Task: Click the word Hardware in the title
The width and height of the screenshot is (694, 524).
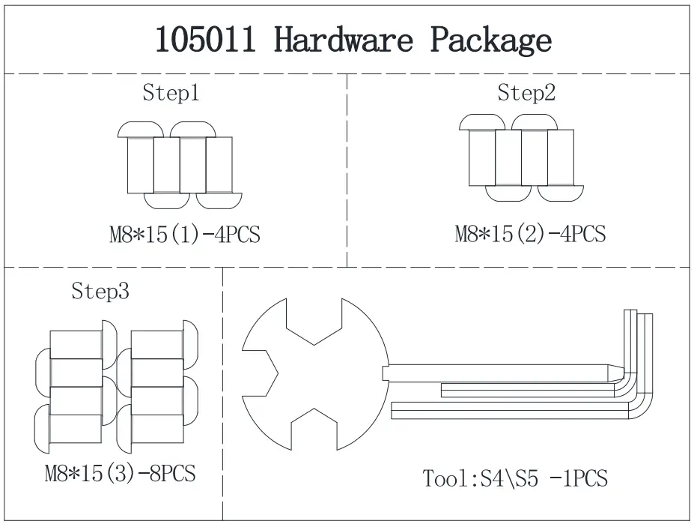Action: (344, 40)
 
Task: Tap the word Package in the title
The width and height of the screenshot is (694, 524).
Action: (490, 40)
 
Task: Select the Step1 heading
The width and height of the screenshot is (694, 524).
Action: (171, 94)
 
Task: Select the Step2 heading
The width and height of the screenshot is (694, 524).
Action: (526, 93)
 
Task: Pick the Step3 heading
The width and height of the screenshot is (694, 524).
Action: (100, 291)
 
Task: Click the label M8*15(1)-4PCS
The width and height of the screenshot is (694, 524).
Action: (185, 235)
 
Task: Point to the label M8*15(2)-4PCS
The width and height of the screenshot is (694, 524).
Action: (530, 234)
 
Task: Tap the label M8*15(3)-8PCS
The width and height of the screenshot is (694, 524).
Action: (120, 474)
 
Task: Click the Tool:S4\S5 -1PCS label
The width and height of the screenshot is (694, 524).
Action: (515, 478)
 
